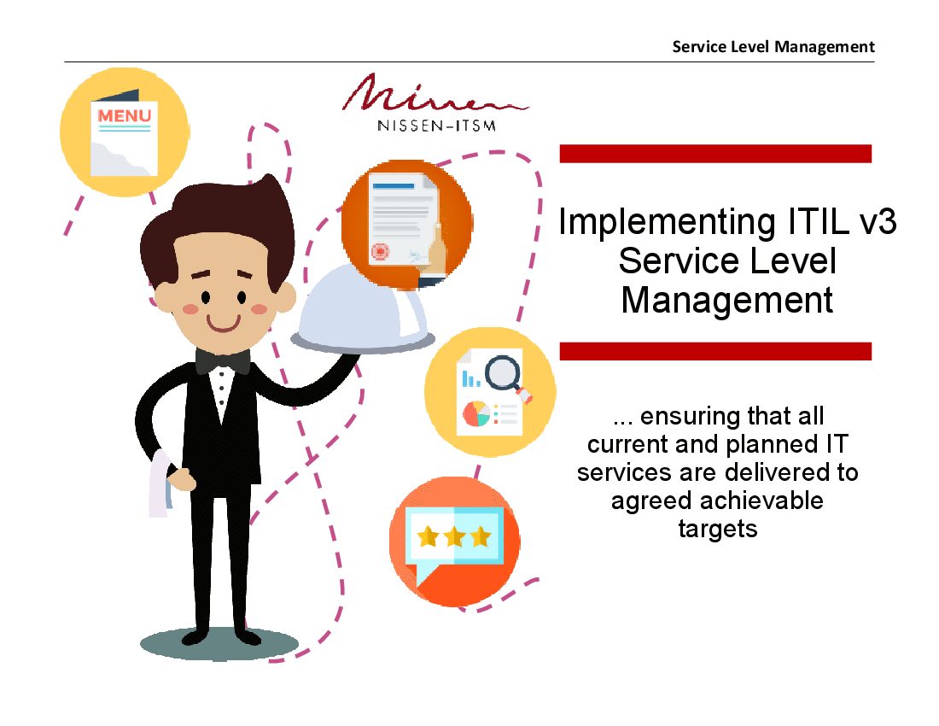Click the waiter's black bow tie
(x=222, y=361)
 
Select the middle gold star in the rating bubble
(x=454, y=536)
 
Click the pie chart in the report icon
(x=475, y=414)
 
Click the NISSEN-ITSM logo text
(x=436, y=126)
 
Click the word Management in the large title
(x=726, y=300)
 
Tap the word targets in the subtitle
(x=717, y=529)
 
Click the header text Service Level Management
(x=773, y=46)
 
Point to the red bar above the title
(x=714, y=154)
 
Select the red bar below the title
(x=714, y=351)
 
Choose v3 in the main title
(x=873, y=222)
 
